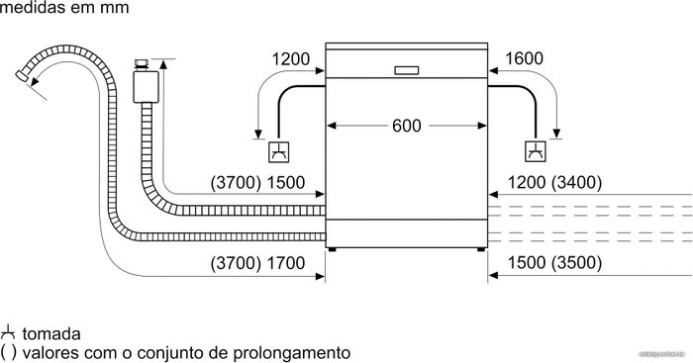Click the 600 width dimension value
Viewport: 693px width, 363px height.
[407, 126]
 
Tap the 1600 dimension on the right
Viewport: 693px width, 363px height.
[524, 58]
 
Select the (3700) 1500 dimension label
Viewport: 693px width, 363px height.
[257, 182]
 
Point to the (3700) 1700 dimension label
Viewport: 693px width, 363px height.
[257, 263]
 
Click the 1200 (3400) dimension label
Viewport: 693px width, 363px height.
[554, 182]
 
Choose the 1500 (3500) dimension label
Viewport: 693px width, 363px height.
[554, 263]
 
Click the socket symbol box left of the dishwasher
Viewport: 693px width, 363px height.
[279, 151]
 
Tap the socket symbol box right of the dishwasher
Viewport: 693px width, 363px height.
[536, 151]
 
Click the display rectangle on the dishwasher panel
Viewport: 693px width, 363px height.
[406, 70]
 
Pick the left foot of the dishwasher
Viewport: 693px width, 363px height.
[332, 249]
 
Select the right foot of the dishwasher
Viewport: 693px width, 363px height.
[481, 249]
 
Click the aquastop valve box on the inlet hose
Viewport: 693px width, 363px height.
[146, 87]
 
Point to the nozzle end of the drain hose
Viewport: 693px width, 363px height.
[22, 75]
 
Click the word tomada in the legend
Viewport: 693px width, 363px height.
[51, 334]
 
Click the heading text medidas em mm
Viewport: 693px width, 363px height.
[64, 8]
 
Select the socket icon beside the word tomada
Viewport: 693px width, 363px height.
[8, 332]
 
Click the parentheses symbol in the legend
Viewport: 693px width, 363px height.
[8, 352]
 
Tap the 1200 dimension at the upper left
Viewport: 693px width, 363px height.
[291, 58]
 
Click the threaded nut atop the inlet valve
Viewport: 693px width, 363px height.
[142, 64]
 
